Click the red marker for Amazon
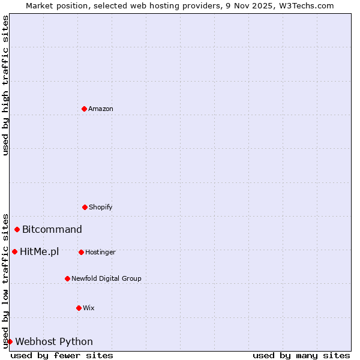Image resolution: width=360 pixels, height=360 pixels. click(84, 109)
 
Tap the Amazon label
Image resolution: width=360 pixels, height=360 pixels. click(101, 109)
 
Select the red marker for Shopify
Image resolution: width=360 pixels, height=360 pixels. click(85, 207)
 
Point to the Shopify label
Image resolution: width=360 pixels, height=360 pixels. click(101, 208)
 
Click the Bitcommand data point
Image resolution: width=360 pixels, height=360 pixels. click(17, 229)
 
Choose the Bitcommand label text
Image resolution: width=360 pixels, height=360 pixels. click(52, 229)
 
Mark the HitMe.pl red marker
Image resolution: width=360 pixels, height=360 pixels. click(14, 251)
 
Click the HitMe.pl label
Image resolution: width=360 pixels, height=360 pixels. click(40, 252)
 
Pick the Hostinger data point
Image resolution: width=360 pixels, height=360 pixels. click(81, 252)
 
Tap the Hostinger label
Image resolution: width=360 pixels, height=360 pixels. click(100, 253)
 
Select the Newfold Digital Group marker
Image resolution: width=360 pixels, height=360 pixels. click(67, 278)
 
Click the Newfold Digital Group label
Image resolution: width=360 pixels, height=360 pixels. click(106, 279)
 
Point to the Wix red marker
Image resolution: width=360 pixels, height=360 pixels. click(79, 308)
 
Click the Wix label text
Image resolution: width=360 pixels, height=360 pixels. click(89, 308)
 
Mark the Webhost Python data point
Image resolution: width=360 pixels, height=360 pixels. click(10, 341)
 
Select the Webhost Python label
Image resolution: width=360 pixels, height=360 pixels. click(54, 342)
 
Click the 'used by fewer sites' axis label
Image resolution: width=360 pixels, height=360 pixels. click(62, 356)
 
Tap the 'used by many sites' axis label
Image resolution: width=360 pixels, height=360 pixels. click(301, 356)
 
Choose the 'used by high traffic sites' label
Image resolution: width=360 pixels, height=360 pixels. click(6, 85)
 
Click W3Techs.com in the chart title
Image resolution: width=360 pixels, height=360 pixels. click(305, 5)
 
